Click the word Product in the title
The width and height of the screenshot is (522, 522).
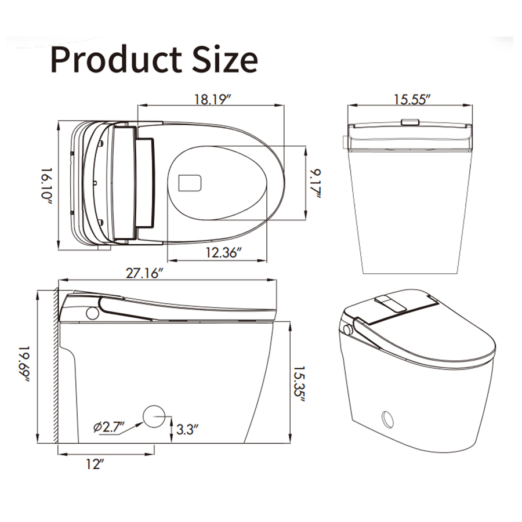click(x=116, y=60)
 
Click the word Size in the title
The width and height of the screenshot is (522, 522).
click(x=225, y=59)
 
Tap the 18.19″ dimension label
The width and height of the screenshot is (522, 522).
click(x=212, y=99)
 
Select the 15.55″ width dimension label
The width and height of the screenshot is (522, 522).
click(x=412, y=99)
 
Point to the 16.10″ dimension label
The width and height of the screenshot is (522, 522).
click(x=47, y=186)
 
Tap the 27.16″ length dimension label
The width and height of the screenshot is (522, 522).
click(x=144, y=273)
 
